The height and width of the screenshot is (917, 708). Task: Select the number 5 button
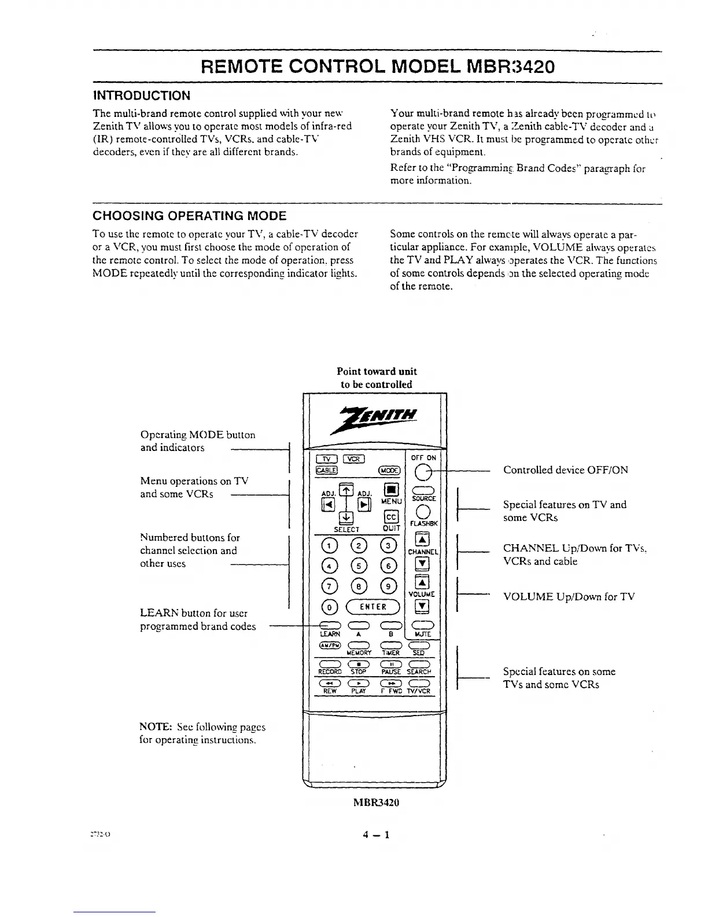tap(359, 566)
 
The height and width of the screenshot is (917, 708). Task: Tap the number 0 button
tap(329, 607)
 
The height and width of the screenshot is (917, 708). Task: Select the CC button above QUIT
tap(391, 517)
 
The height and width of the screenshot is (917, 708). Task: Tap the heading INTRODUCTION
tap(142, 96)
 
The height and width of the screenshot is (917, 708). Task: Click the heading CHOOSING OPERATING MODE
tap(190, 217)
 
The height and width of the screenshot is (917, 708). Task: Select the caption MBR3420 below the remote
tap(376, 803)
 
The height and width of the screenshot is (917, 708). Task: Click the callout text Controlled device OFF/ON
tap(565, 470)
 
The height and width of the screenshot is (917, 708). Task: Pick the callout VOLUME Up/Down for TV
tap(569, 597)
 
